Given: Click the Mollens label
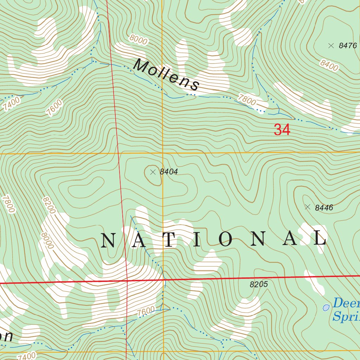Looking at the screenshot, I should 167,75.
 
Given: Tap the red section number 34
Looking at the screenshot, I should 282,130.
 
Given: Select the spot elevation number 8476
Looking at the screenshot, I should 348,46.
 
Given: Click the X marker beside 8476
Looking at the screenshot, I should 330,45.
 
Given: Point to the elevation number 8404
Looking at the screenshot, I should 169,172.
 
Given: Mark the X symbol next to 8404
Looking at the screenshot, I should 153,172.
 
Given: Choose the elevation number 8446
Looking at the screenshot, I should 324,208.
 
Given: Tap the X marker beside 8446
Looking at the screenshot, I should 308,207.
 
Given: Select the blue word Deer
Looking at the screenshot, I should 346,303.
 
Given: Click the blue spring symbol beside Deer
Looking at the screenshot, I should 326,308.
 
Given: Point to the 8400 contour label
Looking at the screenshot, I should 329,65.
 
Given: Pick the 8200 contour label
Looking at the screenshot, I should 49,205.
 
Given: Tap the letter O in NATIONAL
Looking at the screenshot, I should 225,239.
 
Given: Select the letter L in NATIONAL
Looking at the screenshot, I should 320,239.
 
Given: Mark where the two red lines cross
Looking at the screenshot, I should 127,281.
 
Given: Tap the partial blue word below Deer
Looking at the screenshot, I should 346,316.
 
